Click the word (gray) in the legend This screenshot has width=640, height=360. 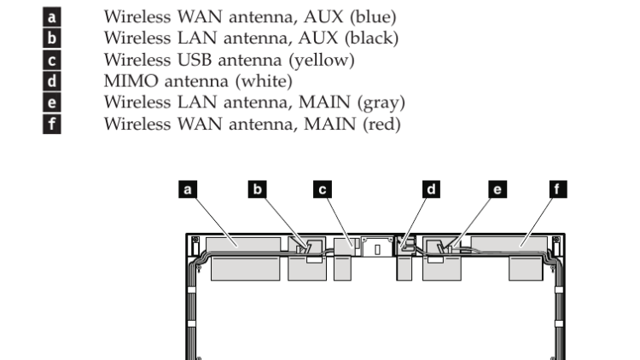(378, 104)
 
